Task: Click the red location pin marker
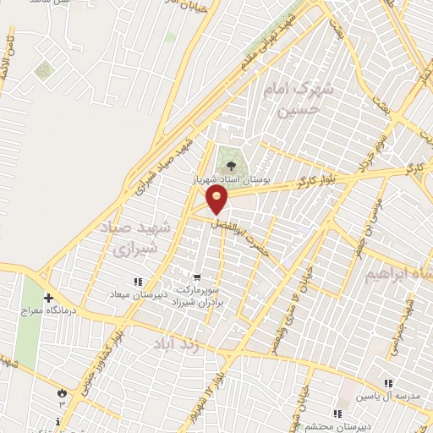(x=217, y=200)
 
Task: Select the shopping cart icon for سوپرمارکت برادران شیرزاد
(x=197, y=276)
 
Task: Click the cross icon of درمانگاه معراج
(x=49, y=299)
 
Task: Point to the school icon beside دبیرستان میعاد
(x=137, y=282)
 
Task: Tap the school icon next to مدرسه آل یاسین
(x=388, y=382)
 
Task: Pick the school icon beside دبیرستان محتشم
(x=337, y=414)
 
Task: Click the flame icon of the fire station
(x=61, y=393)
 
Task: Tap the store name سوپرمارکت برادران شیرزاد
(x=196, y=294)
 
